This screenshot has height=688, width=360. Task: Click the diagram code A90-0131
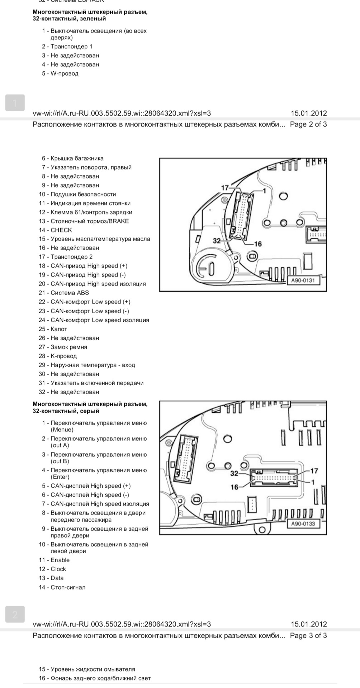(303, 280)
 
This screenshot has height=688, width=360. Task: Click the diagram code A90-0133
(303, 524)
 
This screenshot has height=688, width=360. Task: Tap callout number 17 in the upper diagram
(225, 188)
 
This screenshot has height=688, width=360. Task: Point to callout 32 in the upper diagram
(217, 241)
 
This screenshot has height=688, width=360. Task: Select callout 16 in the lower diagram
(235, 487)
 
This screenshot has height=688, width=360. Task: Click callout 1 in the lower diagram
(313, 482)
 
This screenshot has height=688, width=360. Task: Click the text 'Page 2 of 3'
(308, 124)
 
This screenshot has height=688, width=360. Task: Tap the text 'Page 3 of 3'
(308, 635)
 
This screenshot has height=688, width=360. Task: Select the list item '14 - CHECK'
(56, 230)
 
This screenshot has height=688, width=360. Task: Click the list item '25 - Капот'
(53, 329)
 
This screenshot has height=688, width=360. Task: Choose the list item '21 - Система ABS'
(64, 293)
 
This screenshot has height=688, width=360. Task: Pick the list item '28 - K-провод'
(58, 356)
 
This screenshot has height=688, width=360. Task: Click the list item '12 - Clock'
(53, 569)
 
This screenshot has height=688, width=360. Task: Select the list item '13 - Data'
(51, 578)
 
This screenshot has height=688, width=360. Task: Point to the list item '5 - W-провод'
(60, 73)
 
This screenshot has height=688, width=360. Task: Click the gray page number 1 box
(15, 103)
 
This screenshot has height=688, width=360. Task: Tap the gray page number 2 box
(15, 614)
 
